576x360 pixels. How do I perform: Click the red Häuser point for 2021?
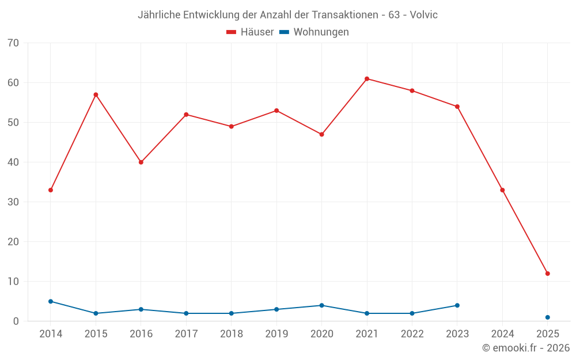(x=367, y=79)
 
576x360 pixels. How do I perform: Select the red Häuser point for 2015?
(x=96, y=94)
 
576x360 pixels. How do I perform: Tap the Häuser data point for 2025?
(x=547, y=274)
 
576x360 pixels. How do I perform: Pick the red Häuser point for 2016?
(x=141, y=162)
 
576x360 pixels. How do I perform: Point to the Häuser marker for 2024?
(x=502, y=190)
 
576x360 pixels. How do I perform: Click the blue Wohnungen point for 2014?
(x=51, y=301)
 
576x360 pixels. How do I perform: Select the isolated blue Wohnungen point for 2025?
(x=547, y=317)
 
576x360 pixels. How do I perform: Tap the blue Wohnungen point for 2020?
(x=321, y=305)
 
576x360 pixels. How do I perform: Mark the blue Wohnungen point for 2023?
(x=457, y=305)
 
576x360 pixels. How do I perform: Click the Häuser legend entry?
(x=250, y=32)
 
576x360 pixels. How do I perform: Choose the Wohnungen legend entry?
(x=314, y=32)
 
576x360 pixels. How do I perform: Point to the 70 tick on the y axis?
(x=14, y=43)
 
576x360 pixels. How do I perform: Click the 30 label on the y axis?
(x=14, y=202)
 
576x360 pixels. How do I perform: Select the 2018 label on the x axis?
(x=231, y=334)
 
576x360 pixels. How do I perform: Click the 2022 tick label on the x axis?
(x=412, y=334)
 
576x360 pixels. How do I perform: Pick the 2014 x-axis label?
(x=51, y=334)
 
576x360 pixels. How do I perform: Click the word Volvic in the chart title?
(x=423, y=15)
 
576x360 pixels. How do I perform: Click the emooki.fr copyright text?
(x=526, y=348)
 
